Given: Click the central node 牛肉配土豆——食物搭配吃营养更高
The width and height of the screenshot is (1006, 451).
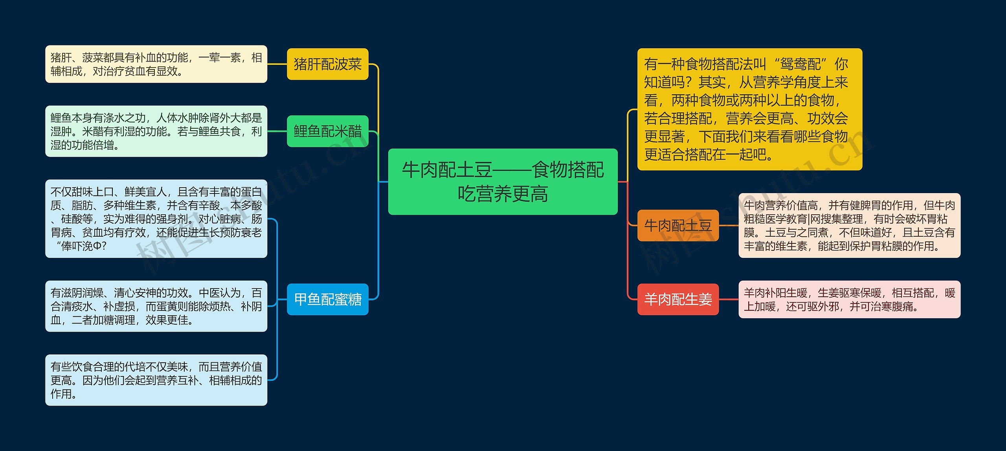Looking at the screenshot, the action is tap(503, 181).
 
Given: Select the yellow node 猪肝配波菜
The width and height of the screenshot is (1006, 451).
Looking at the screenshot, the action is tap(327, 64).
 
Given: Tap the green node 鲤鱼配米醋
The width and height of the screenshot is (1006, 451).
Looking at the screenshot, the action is tap(327, 131).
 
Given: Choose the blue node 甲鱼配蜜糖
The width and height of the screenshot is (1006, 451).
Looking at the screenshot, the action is tap(327, 299).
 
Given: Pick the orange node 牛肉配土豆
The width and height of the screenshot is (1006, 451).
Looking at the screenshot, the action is tap(678, 225).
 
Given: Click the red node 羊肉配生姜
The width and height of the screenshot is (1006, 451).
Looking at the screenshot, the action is tap(678, 299).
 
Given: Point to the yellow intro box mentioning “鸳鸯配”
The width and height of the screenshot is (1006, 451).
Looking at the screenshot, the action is tap(749, 109).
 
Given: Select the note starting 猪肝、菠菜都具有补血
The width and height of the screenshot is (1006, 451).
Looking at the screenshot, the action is tap(156, 64).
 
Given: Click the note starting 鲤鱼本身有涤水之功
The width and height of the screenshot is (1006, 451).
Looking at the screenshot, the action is tap(156, 131).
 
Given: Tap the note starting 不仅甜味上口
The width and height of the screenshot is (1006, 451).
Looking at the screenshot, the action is tap(156, 219).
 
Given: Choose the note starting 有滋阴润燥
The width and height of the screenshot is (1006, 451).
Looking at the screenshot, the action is tap(156, 306).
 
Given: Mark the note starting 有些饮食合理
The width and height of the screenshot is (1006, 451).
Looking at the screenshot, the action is tap(156, 380).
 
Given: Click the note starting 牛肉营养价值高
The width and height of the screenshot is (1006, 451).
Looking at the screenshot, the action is tap(849, 225).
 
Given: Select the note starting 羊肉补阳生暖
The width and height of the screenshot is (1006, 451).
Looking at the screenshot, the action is tap(849, 299).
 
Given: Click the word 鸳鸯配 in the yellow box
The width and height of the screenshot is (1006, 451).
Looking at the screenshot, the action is tap(800, 64).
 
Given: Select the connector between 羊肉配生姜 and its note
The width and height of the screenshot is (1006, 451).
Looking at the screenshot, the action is tap(729, 299).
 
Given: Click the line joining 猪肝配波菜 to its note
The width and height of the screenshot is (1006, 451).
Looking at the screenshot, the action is tap(277, 64).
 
